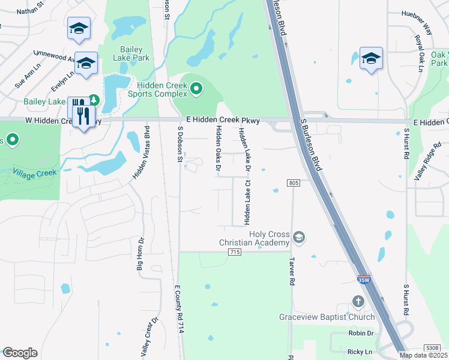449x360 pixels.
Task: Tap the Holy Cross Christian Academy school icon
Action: (x=299, y=238)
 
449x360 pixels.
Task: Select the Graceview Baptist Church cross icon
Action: (x=358, y=302)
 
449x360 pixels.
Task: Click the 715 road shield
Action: (x=235, y=252)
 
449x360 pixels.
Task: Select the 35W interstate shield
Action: (x=363, y=280)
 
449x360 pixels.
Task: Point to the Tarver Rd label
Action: (x=292, y=272)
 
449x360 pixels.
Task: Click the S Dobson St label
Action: (x=179, y=144)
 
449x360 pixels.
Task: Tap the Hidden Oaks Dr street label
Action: (x=218, y=148)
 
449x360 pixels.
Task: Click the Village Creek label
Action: (x=35, y=172)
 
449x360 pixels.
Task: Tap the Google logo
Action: (x=20, y=352)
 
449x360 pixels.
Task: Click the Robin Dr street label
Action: (x=361, y=333)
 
